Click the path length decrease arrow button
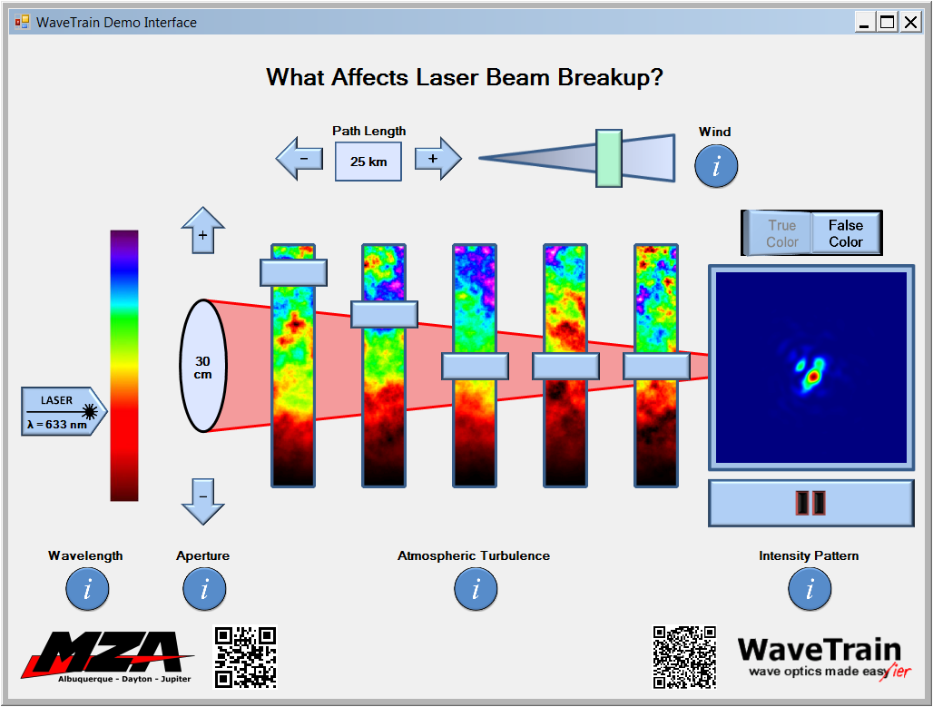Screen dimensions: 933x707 pos(300,159)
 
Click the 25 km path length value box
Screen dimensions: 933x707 pos(368,162)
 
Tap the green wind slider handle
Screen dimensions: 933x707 pos(609,158)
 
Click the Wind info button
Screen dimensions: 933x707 pos(716,166)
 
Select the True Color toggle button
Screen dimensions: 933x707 pos(781,233)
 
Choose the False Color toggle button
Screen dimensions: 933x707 pos(846,233)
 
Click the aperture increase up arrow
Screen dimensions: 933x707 pos(203,231)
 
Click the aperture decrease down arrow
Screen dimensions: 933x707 pos(203,501)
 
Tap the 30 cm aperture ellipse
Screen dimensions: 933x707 pos(203,366)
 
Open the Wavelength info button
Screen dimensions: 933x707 pos(87,589)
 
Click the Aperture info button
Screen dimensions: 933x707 pos(204,589)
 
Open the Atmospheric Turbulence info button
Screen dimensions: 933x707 pos(476,589)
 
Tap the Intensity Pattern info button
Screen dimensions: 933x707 pos(810,589)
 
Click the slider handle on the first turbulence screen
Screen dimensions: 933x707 pos(293,272)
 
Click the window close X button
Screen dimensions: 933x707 pos(910,22)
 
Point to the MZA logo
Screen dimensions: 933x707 pos(107,657)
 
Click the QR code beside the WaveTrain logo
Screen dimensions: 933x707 pos(684,657)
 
